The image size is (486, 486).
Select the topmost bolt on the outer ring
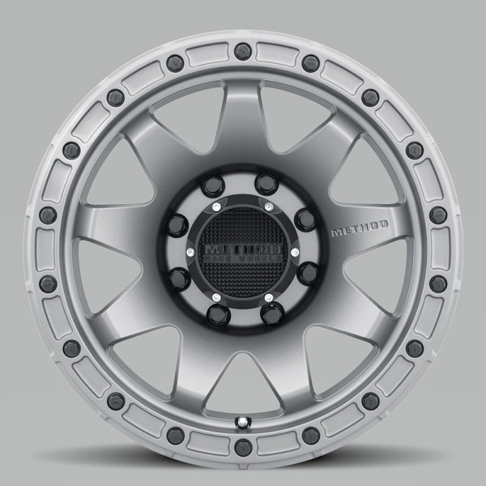[x=241, y=51]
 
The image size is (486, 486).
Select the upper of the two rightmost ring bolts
[x=437, y=215]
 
